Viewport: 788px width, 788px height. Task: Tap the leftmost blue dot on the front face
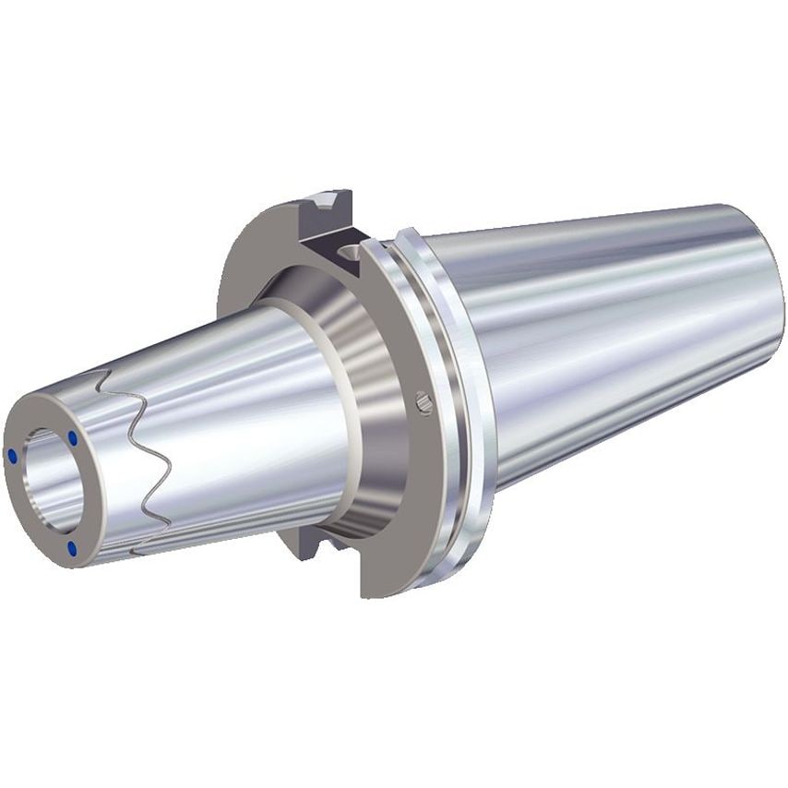tap(12, 456)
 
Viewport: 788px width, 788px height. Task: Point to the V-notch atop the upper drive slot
tap(325, 199)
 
